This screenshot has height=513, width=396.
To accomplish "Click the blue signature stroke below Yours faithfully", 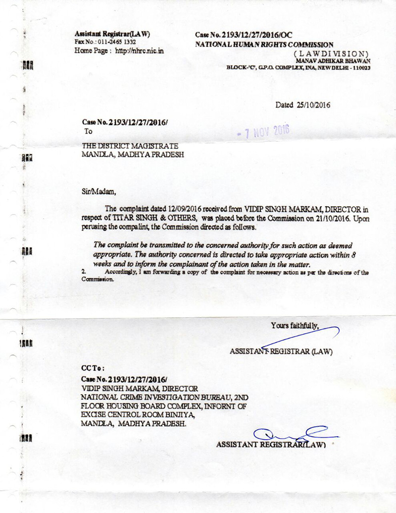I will point(302,337).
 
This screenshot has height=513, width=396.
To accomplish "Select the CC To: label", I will point(93,369).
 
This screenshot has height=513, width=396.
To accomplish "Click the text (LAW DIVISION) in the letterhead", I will point(330,53).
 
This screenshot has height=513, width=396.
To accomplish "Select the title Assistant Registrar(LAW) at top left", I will point(112,34).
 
